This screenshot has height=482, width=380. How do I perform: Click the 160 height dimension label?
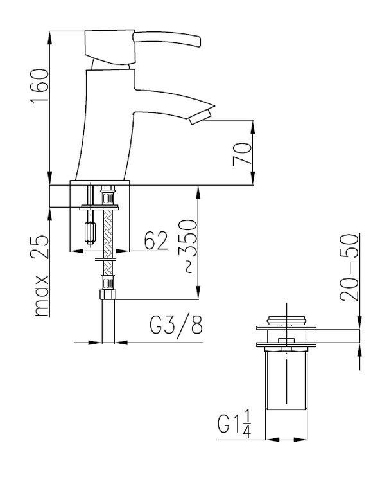pyautogui.click(x=39, y=86)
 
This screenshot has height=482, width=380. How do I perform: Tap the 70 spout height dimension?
pyautogui.click(x=242, y=154)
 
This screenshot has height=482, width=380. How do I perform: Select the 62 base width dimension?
pyautogui.click(x=156, y=240)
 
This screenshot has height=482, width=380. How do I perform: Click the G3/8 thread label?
pyautogui.click(x=176, y=325)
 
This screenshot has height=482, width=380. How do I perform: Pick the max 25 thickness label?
pyautogui.click(x=42, y=276)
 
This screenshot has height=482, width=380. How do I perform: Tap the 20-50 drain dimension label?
pyautogui.click(x=349, y=267)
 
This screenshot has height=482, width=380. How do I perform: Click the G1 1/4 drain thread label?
pyautogui.click(x=234, y=425)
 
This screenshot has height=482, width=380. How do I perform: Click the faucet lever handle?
pyautogui.click(x=167, y=39)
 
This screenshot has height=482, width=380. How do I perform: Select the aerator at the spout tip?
pyautogui.click(x=200, y=118)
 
